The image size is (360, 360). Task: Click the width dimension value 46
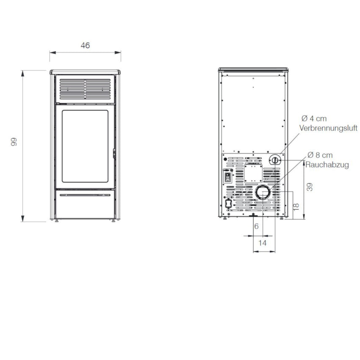85,45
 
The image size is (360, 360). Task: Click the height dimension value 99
14,142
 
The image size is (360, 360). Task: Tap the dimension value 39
310,187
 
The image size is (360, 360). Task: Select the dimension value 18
296,207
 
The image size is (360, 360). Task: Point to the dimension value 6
256,227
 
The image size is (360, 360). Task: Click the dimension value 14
263,243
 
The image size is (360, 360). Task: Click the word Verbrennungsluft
328,128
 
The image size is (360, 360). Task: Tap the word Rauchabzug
327,165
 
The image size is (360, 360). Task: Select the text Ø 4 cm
314,119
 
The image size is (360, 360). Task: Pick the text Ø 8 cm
320,155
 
